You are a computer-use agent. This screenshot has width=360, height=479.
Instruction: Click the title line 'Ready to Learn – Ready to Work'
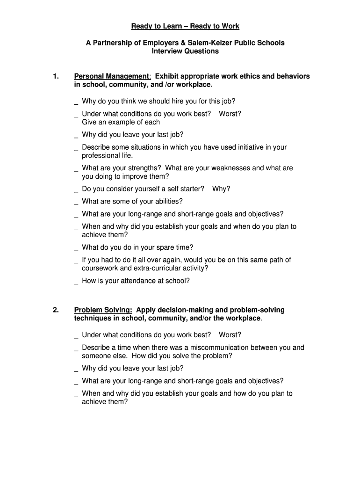point(185,26)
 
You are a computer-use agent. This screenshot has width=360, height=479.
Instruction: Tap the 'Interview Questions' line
point(185,51)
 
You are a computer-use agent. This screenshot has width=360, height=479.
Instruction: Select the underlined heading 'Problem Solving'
point(102,310)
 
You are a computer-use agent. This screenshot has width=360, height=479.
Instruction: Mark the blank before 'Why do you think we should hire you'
point(76,102)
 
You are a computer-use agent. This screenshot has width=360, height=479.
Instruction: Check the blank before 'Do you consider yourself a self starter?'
point(76,190)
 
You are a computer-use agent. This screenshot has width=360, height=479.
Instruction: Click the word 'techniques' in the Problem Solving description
point(92,319)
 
